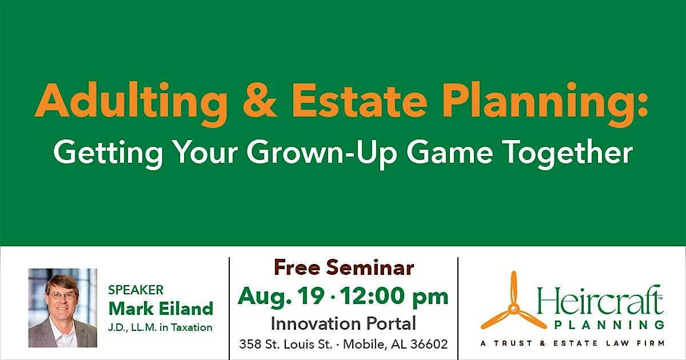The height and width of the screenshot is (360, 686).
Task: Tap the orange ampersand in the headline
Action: (x=260, y=100)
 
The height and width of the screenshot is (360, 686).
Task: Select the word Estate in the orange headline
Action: (x=360, y=101)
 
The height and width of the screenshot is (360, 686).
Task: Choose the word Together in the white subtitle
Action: (x=568, y=152)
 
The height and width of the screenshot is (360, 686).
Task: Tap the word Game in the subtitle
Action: (x=450, y=152)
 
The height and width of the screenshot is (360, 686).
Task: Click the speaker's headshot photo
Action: (x=63, y=307)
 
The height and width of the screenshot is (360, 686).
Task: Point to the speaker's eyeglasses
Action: (x=62, y=295)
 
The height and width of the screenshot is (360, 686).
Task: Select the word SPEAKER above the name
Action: (x=135, y=290)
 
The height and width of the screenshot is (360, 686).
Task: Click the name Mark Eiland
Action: (x=161, y=308)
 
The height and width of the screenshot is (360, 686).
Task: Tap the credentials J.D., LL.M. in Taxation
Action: (x=160, y=327)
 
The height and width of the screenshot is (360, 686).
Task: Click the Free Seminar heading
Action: (x=344, y=267)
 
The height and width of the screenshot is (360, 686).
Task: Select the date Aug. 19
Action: (x=281, y=297)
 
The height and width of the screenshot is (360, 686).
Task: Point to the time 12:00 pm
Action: (x=394, y=297)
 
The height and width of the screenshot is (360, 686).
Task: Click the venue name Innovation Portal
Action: (x=344, y=323)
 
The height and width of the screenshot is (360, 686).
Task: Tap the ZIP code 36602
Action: (x=429, y=345)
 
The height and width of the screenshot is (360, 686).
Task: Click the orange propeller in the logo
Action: (x=513, y=308)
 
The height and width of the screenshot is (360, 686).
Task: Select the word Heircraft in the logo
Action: (x=599, y=301)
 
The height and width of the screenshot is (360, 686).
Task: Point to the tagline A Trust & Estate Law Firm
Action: (x=572, y=343)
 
